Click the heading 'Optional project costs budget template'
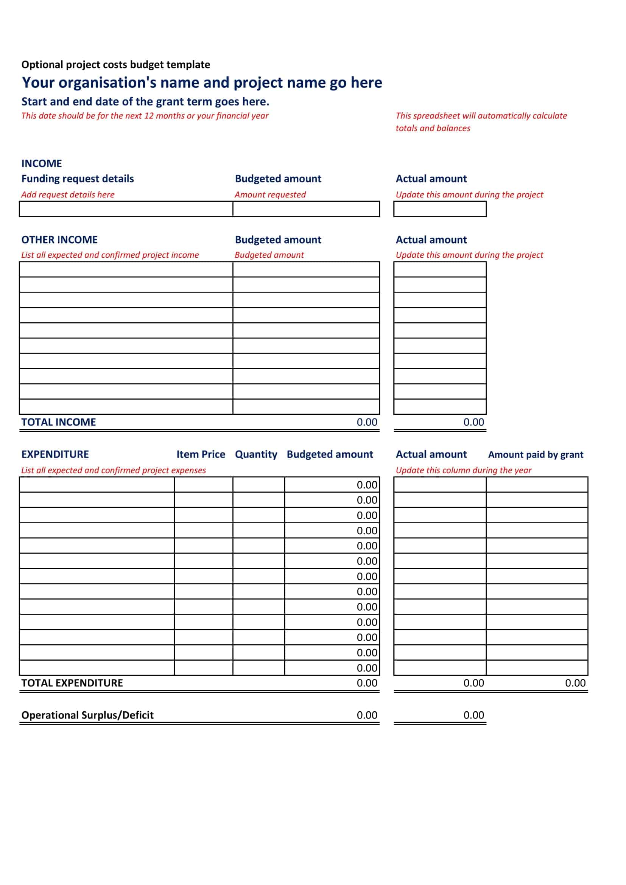tap(116, 64)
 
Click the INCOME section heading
tap(42, 163)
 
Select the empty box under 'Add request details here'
tap(126, 209)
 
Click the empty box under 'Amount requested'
tap(306, 209)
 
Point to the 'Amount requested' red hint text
tap(270, 194)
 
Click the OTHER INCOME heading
tap(59, 240)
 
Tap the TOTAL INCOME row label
tap(59, 422)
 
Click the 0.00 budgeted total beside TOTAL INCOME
tap(367, 422)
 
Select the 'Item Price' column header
tap(201, 454)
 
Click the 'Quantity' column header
tap(256, 454)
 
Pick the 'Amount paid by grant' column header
tap(536, 455)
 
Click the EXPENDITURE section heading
tap(55, 454)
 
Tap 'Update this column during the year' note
tap(463, 470)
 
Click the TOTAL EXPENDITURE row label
tap(72, 683)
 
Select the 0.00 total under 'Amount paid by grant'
tap(575, 683)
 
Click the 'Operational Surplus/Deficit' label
tap(87, 715)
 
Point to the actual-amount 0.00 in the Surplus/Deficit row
tap(473, 715)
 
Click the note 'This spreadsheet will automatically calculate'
tap(481, 116)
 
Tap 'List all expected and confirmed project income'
tap(110, 255)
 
